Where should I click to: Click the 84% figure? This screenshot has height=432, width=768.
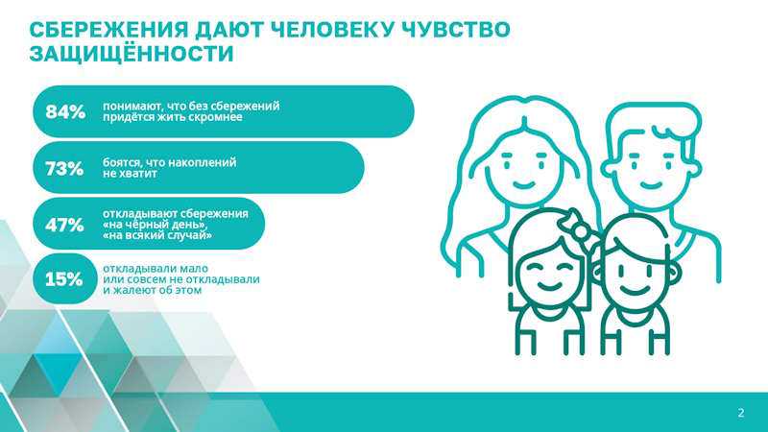[x=65, y=111]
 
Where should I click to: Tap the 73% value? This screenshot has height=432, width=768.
[x=64, y=169]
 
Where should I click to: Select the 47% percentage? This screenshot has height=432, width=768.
[x=64, y=225]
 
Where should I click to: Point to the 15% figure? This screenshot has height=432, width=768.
[x=64, y=279]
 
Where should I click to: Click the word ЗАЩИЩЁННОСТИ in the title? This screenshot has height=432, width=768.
[x=132, y=53]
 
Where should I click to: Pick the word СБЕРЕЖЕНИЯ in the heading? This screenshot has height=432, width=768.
[x=108, y=30]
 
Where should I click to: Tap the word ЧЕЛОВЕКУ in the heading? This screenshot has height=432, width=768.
[x=332, y=30]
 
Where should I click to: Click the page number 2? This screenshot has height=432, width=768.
[x=741, y=413]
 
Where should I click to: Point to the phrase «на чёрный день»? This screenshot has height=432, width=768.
[x=152, y=225]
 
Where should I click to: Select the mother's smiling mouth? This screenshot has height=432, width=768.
[x=523, y=184]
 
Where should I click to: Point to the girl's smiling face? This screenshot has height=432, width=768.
[x=549, y=275]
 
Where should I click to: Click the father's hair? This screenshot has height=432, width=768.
[x=654, y=123]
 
